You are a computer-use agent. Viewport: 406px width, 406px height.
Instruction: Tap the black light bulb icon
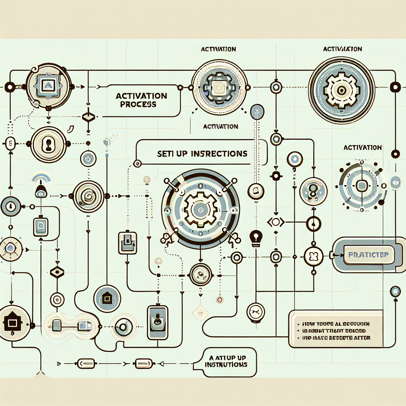255,237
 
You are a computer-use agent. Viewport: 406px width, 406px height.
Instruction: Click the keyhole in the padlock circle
48,144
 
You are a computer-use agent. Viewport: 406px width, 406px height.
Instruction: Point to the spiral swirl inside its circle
88,195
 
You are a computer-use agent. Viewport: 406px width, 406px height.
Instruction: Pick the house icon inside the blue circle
107,297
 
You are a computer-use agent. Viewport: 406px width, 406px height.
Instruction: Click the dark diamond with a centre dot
57,272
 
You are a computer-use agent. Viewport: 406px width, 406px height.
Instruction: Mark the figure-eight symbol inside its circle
313,189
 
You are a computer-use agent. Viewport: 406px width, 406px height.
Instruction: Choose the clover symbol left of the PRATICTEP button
313,254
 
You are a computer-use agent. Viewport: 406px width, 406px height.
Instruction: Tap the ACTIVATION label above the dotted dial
363,147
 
